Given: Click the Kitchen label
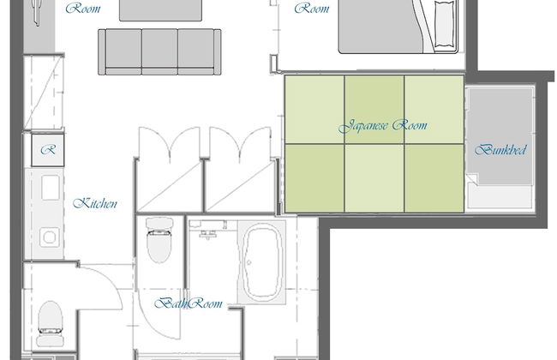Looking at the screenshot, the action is [x=95, y=203].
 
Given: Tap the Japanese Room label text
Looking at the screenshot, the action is [x=382, y=126].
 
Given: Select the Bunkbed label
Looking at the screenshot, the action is [x=500, y=150].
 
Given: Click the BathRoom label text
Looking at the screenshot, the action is [x=189, y=303].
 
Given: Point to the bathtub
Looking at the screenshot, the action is [x=261, y=262].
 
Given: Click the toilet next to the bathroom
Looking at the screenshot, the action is [x=159, y=240].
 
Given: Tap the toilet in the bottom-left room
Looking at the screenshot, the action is [x=51, y=324].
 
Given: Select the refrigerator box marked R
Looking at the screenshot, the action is [x=48, y=150].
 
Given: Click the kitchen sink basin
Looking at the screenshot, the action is [x=51, y=187].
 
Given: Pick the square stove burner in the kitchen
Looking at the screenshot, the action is [x=50, y=237].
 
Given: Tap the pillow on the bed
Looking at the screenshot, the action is [x=445, y=24].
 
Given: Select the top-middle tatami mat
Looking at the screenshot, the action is [x=374, y=109].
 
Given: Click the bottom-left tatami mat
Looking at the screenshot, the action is [x=314, y=178].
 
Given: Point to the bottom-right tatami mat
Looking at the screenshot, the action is [x=434, y=178].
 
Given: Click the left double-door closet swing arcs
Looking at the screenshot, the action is [x=170, y=142].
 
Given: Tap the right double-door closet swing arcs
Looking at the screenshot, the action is [x=240, y=142].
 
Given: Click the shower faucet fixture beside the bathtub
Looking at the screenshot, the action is [x=208, y=234].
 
